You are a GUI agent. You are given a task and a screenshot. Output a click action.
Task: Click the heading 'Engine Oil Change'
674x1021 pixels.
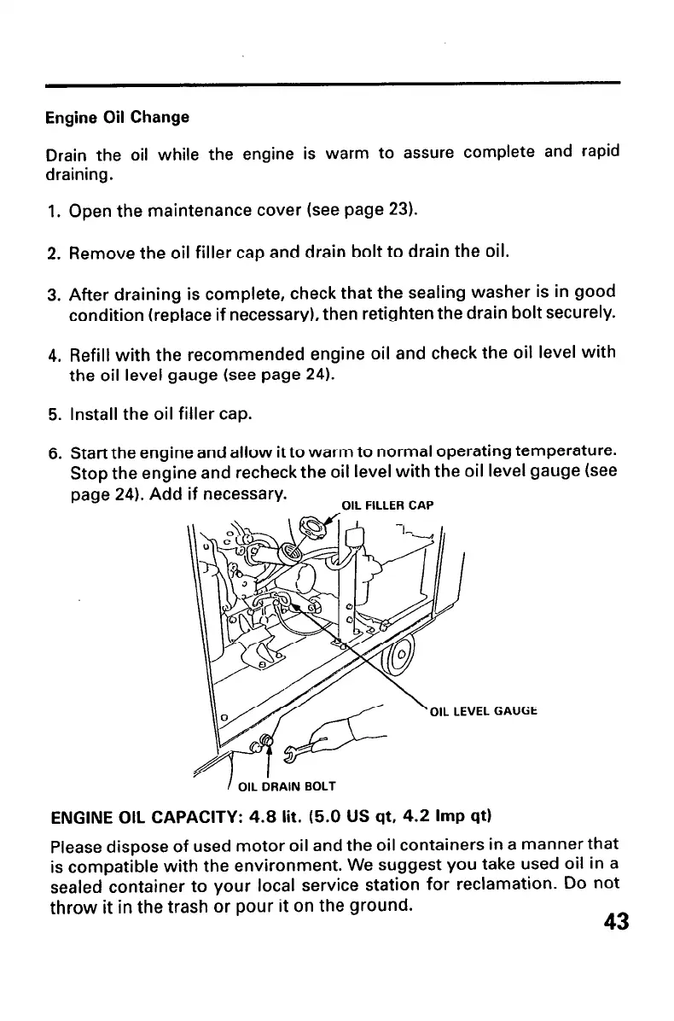[117, 116]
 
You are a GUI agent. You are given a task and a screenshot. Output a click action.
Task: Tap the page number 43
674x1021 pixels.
[615, 922]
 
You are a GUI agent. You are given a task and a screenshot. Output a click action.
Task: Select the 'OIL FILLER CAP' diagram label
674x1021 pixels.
[387, 505]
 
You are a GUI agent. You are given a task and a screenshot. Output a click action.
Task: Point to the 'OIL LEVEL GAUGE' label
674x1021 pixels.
[485, 709]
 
